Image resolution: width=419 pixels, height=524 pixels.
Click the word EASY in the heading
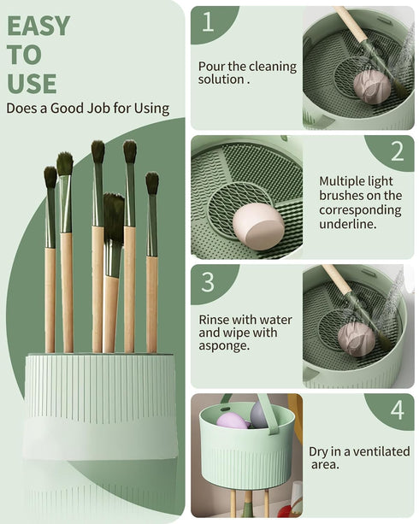click(38, 26)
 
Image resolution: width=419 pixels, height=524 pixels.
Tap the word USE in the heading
click(32, 83)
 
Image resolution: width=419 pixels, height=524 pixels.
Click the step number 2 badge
click(397, 151)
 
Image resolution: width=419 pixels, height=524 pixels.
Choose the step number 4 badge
click(397, 409)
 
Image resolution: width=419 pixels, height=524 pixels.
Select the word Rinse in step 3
click(215, 320)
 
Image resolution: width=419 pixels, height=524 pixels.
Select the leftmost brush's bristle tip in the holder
click(50, 177)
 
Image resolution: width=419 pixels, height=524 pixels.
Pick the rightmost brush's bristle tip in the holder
click(152, 183)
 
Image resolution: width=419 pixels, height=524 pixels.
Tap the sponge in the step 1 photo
click(371, 86)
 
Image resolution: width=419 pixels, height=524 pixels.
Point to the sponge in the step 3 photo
click(357, 339)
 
